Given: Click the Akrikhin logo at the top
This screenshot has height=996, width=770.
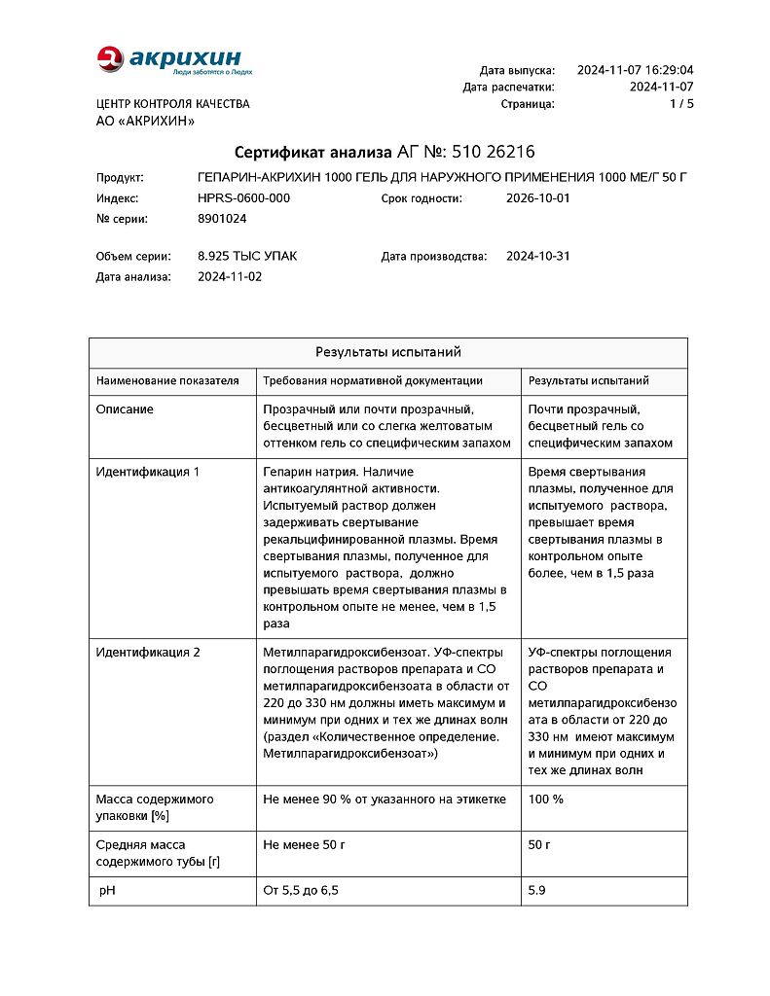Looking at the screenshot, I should click(x=174, y=60).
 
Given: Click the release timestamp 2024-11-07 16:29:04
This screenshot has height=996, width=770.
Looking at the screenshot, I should click(x=635, y=70).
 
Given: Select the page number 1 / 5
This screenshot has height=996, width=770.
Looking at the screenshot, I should click(x=681, y=103).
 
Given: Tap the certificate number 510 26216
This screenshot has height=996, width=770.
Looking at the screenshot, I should click(x=494, y=152).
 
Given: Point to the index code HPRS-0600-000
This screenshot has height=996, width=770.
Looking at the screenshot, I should click(x=243, y=197).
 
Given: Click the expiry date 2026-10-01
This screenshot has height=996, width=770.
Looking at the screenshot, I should click(x=538, y=197).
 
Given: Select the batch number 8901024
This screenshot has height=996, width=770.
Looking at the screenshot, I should click(x=222, y=219).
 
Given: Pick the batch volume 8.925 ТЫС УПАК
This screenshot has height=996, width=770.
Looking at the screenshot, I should click(x=247, y=256).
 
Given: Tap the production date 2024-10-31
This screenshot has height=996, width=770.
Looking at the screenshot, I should click(x=538, y=256).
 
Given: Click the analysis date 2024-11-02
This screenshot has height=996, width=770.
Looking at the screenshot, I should click(x=230, y=276).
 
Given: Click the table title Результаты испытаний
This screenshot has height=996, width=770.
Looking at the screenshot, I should click(x=387, y=352).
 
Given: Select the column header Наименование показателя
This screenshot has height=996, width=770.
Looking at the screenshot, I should click(x=167, y=380).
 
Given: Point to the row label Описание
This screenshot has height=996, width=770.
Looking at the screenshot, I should click(x=125, y=409).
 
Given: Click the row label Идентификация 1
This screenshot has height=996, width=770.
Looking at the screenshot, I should click(x=147, y=472).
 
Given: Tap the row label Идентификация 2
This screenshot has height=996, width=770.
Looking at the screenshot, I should click(x=147, y=652).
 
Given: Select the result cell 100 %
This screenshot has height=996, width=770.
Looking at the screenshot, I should click(x=545, y=799).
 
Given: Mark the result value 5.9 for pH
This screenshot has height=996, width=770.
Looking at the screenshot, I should click(x=535, y=890).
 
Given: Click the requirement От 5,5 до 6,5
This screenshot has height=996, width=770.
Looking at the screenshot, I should click(x=301, y=890).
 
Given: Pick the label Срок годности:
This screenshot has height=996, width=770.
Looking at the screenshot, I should click(x=422, y=197).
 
